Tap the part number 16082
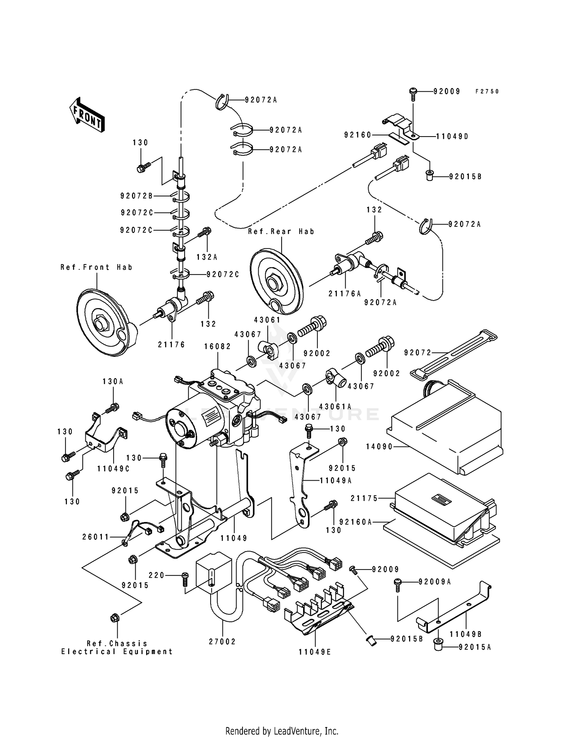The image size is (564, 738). coord(218,346)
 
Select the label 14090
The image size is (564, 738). coord(379,446)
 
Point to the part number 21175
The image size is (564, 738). coord(364,498)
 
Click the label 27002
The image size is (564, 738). coord(222,642)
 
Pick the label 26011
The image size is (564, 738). coord(96,537)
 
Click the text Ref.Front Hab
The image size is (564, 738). coord(97,267)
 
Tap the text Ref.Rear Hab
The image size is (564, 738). coord(281,232)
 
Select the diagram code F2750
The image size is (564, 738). coord(487,91)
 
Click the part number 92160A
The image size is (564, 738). coord(355,522)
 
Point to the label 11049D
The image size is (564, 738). coord(452,137)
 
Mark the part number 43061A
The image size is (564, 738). coord(335,407)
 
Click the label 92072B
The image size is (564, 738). coord(136,196)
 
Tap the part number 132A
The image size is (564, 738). coord(207,257)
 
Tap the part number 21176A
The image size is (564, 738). coord(344,294)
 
